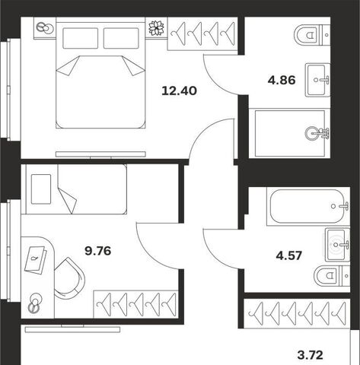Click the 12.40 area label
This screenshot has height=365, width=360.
point(179,90)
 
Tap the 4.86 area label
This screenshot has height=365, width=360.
point(282,80)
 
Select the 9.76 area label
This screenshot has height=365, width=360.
point(98,251)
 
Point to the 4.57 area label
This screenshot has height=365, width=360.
point(289,255)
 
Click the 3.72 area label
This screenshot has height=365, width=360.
point(310,355)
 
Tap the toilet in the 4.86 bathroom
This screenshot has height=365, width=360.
point(312,35)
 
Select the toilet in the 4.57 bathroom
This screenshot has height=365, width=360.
point(332,275)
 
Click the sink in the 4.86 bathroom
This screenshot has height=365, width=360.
point(317,80)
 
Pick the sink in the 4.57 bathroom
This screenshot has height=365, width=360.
point(337,245)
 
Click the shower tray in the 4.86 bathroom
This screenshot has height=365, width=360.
point(290,133)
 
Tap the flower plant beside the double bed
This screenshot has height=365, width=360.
point(156,27)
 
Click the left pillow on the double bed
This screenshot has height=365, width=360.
point(81,38)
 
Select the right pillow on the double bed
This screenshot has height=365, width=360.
point(121,38)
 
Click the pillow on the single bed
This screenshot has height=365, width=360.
point(41,189)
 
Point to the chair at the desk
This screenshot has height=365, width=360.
point(69,278)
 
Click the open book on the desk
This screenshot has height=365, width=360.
point(36,260)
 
